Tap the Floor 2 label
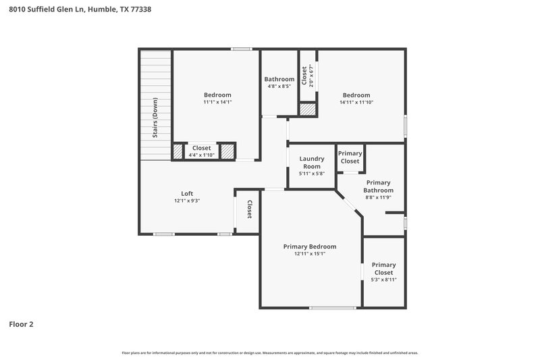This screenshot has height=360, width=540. tap(21, 324)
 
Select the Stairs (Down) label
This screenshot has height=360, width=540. tap(155, 118)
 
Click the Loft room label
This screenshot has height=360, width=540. tap(187, 193)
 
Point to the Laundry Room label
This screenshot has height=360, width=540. tap(312, 162)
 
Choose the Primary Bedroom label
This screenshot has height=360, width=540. tap(309, 247)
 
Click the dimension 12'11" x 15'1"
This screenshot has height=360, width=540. tap(309, 254)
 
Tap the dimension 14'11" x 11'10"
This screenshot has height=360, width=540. tap(356, 103)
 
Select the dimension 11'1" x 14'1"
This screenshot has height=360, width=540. tap(217, 103)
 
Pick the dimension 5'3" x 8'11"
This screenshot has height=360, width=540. tap(383, 280)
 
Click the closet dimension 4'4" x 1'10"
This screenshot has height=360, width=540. tap(201, 155)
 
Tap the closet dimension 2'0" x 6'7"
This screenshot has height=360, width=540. tap(310, 76)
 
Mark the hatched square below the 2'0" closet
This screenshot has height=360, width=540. tap(308, 109)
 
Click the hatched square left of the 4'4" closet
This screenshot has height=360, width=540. tap(178, 151)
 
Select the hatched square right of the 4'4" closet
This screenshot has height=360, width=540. tap(227, 151)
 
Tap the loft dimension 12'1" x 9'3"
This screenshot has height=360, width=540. tap(187, 201)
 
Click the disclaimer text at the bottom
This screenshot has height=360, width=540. tap(270, 353)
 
